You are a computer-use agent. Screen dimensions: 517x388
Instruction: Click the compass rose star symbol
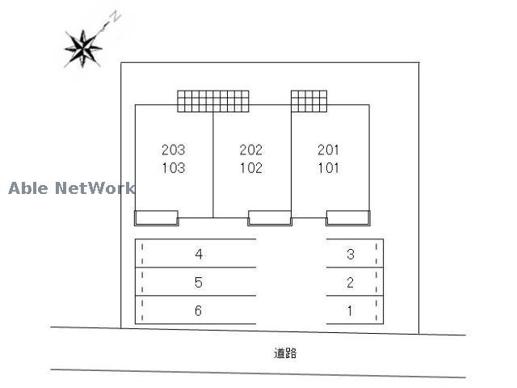point(82,48)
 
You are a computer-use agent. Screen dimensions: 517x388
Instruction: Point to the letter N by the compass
point(116,17)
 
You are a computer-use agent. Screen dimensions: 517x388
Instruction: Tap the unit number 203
point(174,150)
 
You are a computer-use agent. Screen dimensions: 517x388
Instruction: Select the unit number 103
point(174,168)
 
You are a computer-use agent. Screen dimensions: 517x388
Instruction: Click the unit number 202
point(251,150)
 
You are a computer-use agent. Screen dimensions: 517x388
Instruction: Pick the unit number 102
point(251,168)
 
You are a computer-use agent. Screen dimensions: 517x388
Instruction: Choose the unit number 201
point(329,150)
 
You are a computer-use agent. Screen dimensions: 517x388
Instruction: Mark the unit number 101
point(329,168)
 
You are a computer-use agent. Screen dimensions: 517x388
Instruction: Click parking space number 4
point(199,254)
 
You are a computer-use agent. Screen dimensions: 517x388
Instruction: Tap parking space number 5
point(199,282)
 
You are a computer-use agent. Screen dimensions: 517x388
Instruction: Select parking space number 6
point(198,310)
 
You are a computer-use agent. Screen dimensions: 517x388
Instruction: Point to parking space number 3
point(351,254)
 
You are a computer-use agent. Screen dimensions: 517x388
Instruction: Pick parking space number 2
point(350,282)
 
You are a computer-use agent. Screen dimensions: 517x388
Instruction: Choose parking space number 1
point(350,310)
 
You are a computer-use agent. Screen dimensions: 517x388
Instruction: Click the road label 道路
point(285,353)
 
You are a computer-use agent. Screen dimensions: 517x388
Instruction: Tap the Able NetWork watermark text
point(72,188)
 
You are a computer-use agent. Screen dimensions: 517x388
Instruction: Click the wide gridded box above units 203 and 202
point(213,101)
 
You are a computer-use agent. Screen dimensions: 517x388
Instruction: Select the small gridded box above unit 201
point(309,101)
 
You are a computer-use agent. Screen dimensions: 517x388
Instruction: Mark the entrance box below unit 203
point(156,218)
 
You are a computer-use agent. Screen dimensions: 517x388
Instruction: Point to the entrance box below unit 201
point(348,218)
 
